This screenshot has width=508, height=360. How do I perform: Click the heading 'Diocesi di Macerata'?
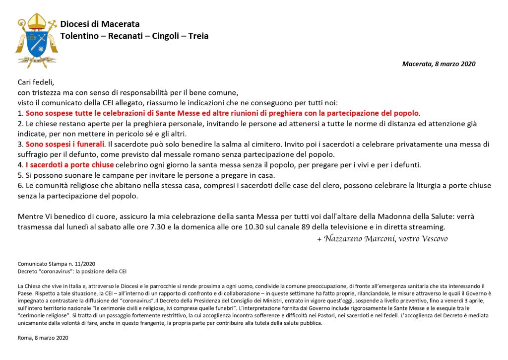pos(100,24)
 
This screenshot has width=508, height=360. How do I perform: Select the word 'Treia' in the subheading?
pos(198,36)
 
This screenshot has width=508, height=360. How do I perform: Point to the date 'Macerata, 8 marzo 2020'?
pos(439,64)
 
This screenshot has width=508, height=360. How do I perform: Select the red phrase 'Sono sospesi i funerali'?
pos(65,144)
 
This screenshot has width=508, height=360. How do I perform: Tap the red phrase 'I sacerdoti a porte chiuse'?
pos(70,165)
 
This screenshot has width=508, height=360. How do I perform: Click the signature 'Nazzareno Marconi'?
pos(359,239)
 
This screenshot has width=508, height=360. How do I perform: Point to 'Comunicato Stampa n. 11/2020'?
pos(56,264)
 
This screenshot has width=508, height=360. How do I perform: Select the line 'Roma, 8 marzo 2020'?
pos(43,338)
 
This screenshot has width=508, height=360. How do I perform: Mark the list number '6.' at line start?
pos(21,186)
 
